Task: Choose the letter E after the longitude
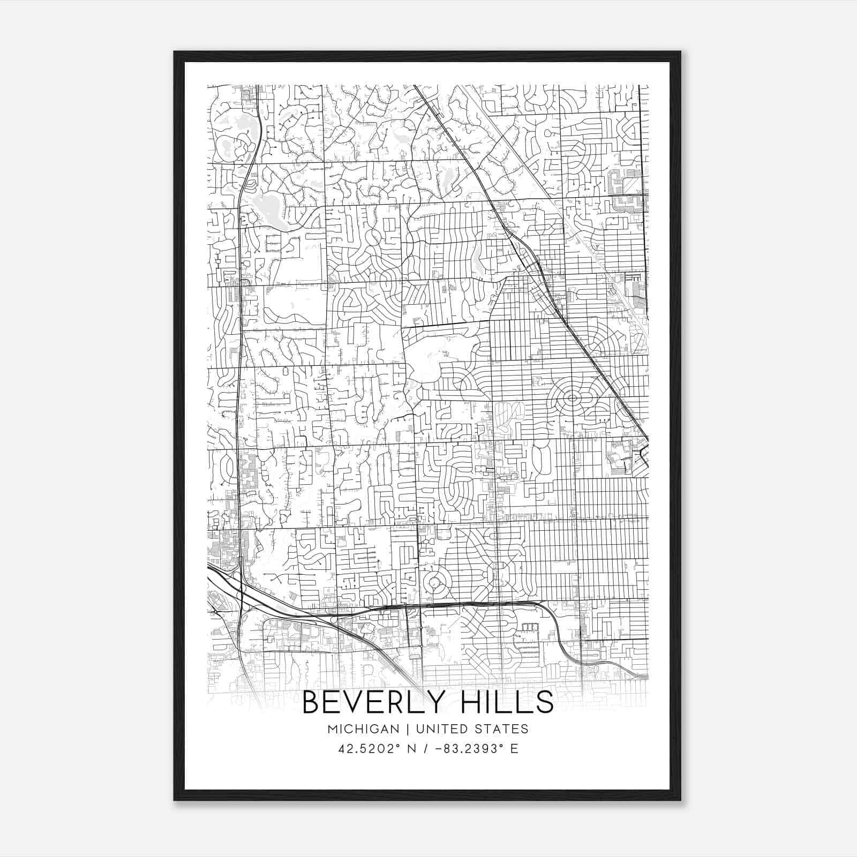(x=514, y=748)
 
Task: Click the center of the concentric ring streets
(x=572, y=398)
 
